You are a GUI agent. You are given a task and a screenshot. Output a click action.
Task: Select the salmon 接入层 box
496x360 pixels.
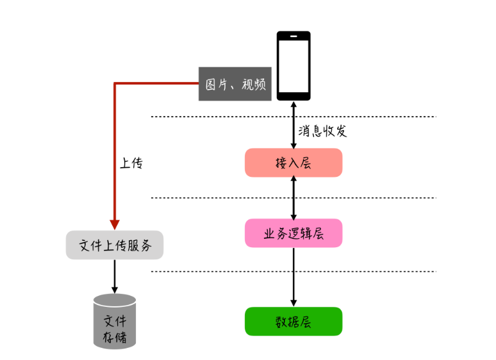(x=293, y=163)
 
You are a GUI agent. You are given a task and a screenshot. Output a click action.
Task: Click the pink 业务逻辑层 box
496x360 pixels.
(x=293, y=233)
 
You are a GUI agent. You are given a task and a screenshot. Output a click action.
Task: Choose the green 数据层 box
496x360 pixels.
(x=293, y=321)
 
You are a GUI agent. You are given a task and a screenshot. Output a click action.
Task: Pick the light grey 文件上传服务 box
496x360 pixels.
(x=115, y=245)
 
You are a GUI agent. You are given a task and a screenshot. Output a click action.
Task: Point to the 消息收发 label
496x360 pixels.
(x=322, y=131)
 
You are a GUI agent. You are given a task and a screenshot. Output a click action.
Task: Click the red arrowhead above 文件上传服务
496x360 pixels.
(x=115, y=224)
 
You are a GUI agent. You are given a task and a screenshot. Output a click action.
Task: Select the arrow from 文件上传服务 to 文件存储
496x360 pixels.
(x=115, y=276)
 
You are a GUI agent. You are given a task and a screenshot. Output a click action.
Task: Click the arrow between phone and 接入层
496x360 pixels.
(x=293, y=124)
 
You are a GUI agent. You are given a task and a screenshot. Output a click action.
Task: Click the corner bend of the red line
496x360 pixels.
(x=115, y=84)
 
